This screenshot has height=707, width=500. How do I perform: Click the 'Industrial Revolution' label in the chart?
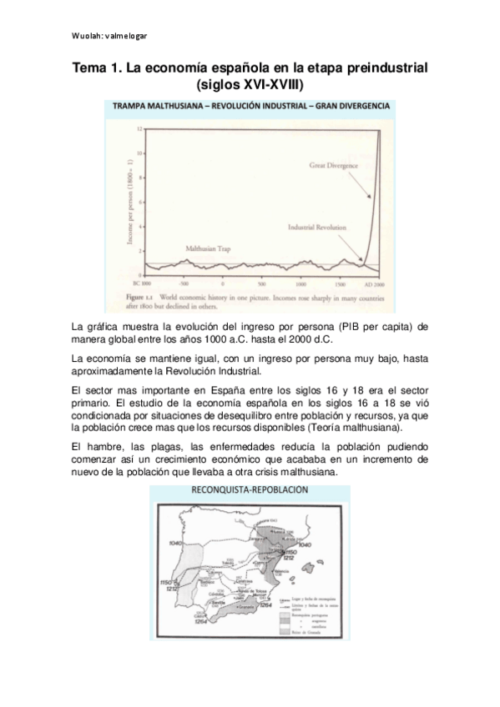[x=322, y=226]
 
